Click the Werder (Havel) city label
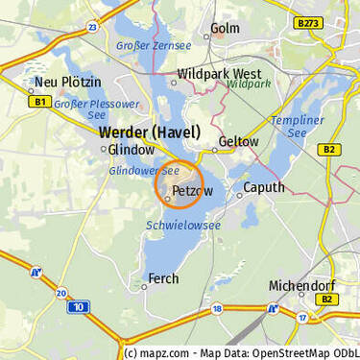(150, 132)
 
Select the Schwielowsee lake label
(183, 225)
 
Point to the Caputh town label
(263, 187)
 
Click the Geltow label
(239, 141)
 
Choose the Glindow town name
(131, 150)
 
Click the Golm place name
(225, 28)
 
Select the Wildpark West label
(220, 73)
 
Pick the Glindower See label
(144, 170)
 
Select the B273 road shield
(308, 21)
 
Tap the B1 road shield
(39, 101)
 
